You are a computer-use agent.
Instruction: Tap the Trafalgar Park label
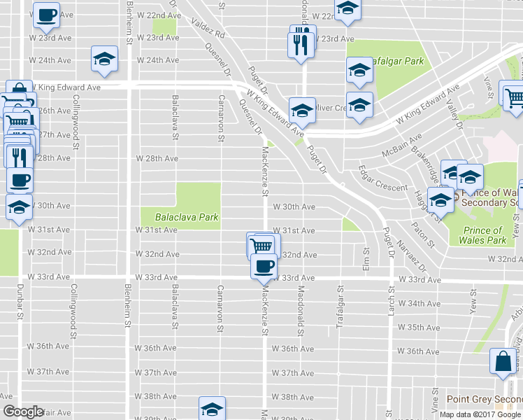click(394, 62)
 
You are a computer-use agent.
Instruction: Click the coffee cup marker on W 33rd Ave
click(264, 267)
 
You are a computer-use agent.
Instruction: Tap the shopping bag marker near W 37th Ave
click(503, 362)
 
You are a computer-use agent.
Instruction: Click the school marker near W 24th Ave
click(104, 60)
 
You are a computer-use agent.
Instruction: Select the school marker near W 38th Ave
click(213, 409)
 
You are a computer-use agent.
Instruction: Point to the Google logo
click(23, 412)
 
